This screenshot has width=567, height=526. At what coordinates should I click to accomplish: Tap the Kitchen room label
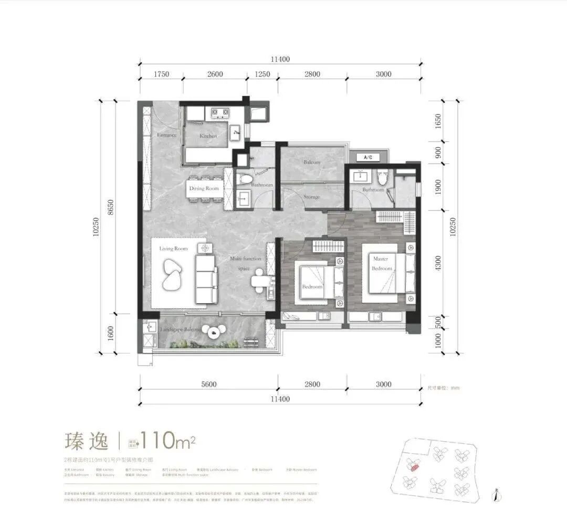(208, 136)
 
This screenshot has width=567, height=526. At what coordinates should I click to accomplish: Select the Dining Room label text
(204, 188)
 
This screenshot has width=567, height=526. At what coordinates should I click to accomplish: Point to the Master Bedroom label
(382, 264)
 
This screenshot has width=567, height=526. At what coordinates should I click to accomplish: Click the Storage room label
(311, 197)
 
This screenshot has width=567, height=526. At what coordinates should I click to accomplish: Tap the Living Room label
(173, 249)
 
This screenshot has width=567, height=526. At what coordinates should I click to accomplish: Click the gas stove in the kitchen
(219, 112)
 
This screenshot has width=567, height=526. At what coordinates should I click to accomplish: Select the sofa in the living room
(206, 278)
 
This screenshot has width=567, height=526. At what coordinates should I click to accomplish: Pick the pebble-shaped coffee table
(172, 274)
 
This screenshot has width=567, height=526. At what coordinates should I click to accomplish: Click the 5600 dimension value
(208, 384)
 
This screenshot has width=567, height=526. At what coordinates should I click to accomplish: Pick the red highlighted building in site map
(414, 466)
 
